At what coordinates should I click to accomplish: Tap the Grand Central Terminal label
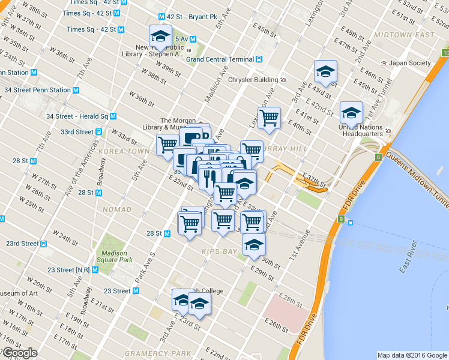click(x=220, y=59)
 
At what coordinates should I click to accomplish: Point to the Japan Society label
click(x=409, y=63)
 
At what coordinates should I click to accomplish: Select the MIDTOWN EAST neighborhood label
click(x=403, y=35)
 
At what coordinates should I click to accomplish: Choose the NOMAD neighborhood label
click(x=116, y=209)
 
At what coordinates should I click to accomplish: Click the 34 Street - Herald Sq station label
click(x=77, y=116)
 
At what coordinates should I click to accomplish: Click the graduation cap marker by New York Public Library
click(x=160, y=35)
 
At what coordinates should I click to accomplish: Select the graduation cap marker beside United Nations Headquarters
click(x=351, y=112)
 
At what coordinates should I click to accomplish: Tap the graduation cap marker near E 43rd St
click(x=325, y=71)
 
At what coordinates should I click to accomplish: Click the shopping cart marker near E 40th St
click(x=269, y=117)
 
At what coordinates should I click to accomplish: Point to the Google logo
click(x=20, y=353)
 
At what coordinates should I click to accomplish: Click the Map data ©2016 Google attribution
click(x=411, y=355)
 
